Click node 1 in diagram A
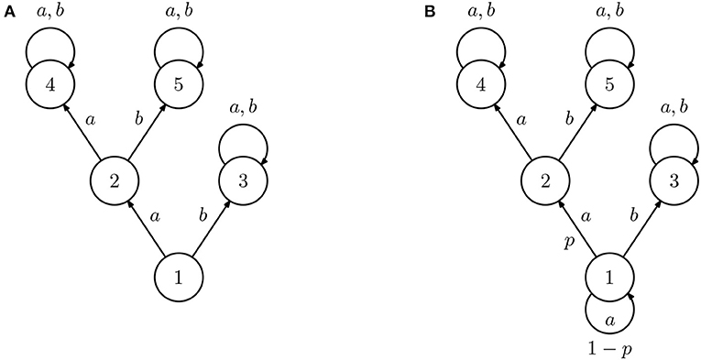(x=177, y=275)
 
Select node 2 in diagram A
(x=114, y=180)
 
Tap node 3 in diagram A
(x=241, y=180)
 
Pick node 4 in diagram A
(x=49, y=86)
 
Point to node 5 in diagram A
(x=178, y=86)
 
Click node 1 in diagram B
(x=609, y=275)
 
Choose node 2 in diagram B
(x=546, y=180)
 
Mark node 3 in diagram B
(x=674, y=180)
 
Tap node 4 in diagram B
(x=482, y=86)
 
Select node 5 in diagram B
(x=610, y=86)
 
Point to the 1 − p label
(x=609, y=349)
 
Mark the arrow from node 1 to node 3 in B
(x=641, y=227)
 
